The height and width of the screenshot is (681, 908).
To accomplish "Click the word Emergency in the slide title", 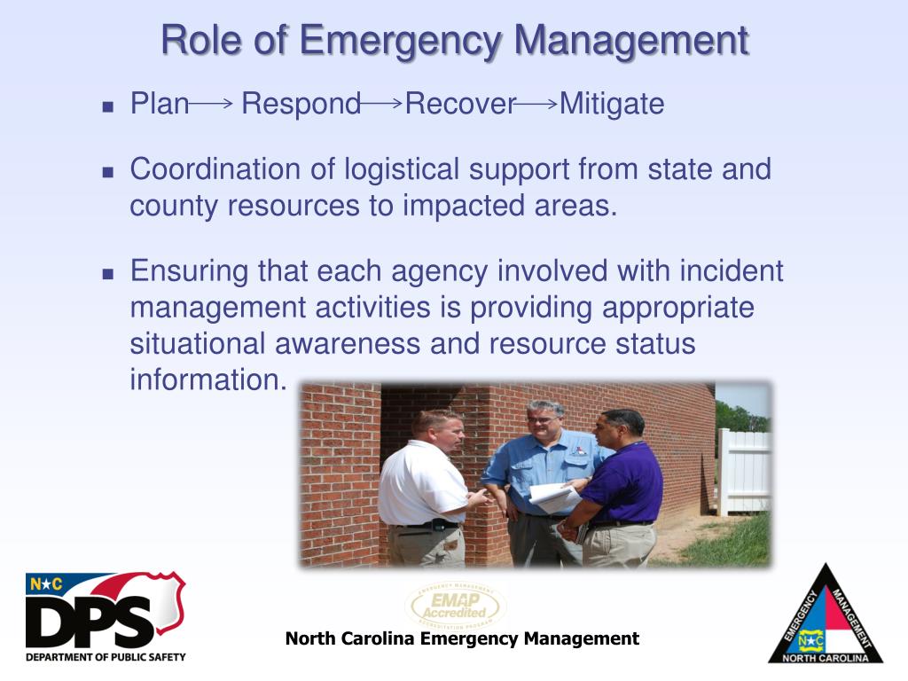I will coord(402,41).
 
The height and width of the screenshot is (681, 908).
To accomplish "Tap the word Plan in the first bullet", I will coord(160,105).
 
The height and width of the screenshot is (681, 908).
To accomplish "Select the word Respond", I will coord(301,105).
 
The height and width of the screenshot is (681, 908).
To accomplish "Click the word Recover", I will coord(459,105).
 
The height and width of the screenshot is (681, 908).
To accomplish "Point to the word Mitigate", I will coord(612,105).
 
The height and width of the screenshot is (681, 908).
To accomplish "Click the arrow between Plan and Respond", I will coord(211,104).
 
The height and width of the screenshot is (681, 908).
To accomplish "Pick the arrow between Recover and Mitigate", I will coord(536,104).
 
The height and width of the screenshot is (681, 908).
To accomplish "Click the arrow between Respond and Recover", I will coord(382,104).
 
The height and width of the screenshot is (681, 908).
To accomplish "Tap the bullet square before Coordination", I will coord(108,171).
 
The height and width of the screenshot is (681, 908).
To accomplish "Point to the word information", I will coord(208,380).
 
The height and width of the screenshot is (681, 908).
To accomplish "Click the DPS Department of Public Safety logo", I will coord(106,616).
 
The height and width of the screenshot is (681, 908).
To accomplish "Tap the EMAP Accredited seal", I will coord(455,606).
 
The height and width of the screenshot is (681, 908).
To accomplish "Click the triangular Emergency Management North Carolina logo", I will coord(825,616).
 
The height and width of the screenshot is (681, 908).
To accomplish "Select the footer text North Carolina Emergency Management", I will coord(462,638).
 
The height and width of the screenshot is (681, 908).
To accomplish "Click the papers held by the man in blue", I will coord(552,497).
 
